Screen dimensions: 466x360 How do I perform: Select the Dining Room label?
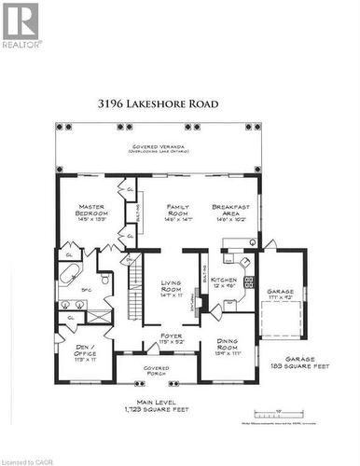click(229, 349)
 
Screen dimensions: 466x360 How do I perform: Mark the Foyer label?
click(171, 338)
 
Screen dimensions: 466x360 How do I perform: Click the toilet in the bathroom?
click(105, 279)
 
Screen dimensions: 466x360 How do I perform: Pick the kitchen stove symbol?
click(249, 281)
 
